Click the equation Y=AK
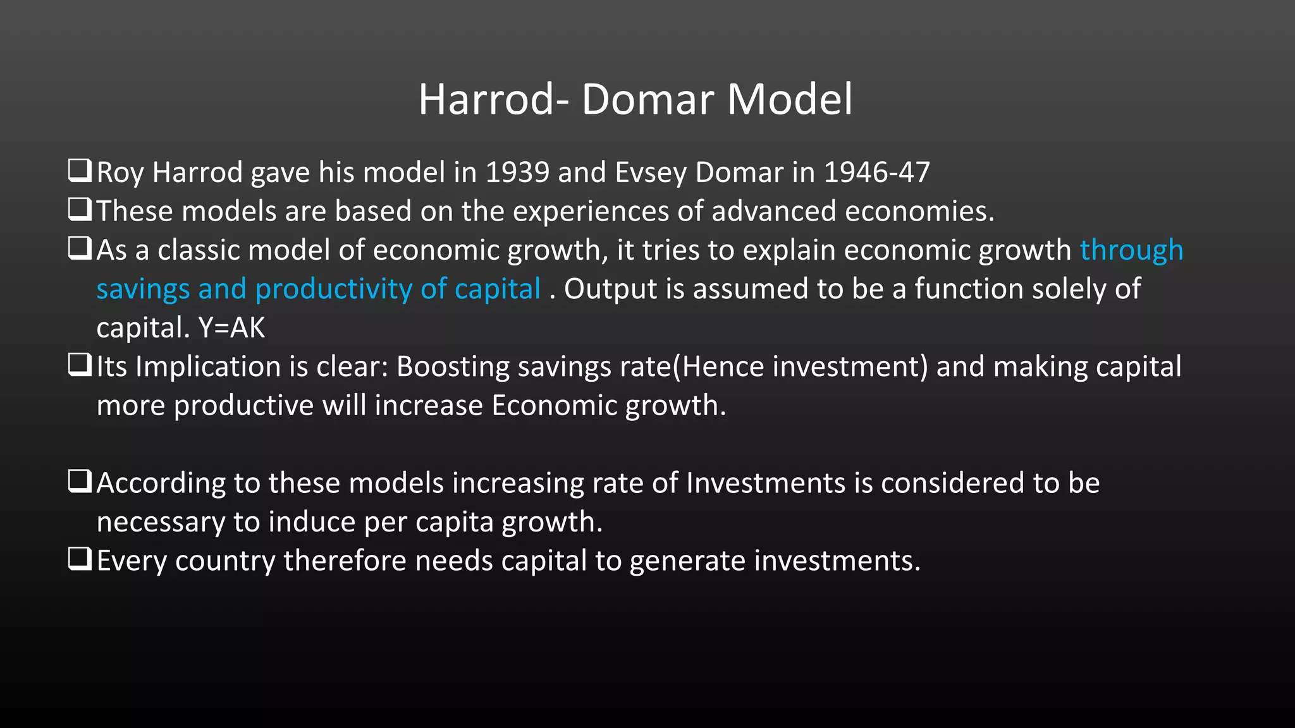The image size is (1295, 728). tap(231, 328)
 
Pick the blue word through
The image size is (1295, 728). tap(1131, 250)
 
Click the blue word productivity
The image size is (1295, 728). tap(334, 289)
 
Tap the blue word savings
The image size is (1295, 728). tap(143, 289)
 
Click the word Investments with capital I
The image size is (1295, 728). tap(765, 483)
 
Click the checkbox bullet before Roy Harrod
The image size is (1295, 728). tap(80, 171)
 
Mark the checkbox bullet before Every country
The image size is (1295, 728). tap(80, 559)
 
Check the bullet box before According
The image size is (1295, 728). tap(80, 482)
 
